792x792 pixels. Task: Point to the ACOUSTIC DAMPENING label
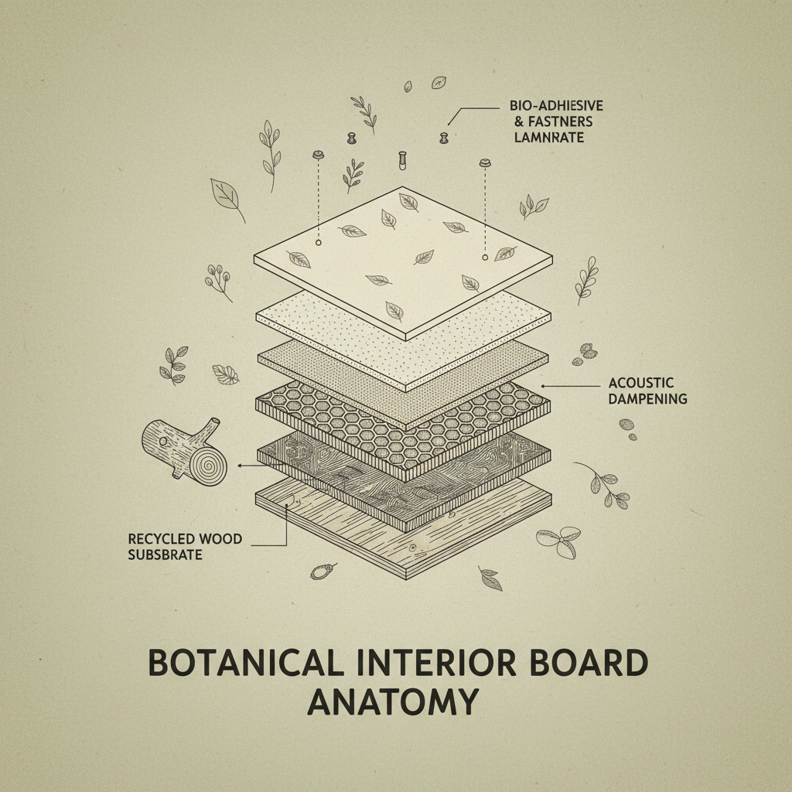642,391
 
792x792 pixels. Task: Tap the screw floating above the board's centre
401,160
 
